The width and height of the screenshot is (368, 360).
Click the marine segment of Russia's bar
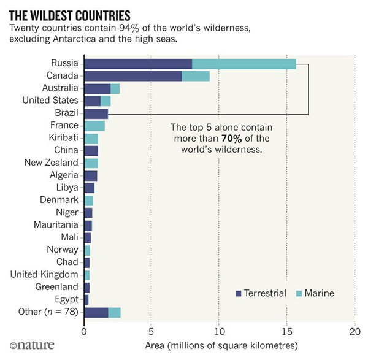(244, 64)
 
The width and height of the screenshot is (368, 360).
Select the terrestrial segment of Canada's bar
(132, 76)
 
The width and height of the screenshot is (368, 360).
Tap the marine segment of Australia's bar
(115, 88)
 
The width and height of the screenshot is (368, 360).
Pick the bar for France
(94, 126)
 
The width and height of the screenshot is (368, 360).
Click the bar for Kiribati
(91, 138)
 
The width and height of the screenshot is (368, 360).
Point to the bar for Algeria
(90, 175)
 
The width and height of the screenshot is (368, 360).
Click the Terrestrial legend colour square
(239, 294)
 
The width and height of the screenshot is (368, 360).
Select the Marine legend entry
(315, 293)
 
